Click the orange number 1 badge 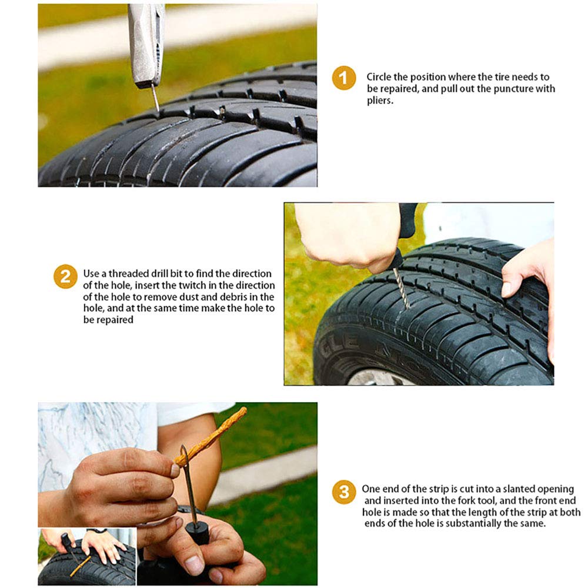click(x=343, y=78)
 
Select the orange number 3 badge click(x=343, y=492)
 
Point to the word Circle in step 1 click(x=380, y=77)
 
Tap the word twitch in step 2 click(x=168, y=286)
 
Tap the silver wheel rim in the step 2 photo click(x=376, y=378)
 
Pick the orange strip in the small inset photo click(x=79, y=566)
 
